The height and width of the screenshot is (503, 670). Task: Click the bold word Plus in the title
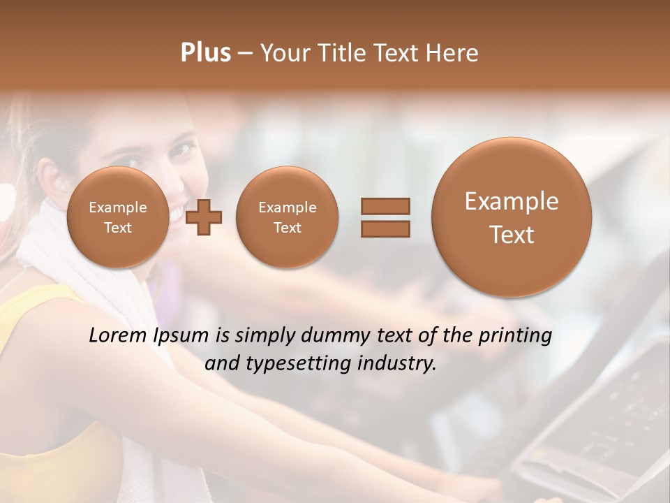tap(205, 53)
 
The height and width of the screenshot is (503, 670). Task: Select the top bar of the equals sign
tap(385, 206)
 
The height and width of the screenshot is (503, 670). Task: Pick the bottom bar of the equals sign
tap(385, 228)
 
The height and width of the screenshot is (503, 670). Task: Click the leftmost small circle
tap(118, 217)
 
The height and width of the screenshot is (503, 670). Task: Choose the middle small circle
tap(287, 217)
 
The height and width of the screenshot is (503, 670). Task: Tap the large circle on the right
tap(512, 217)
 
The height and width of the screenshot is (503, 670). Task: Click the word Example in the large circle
tap(512, 201)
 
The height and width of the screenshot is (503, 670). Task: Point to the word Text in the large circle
tap(512, 235)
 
